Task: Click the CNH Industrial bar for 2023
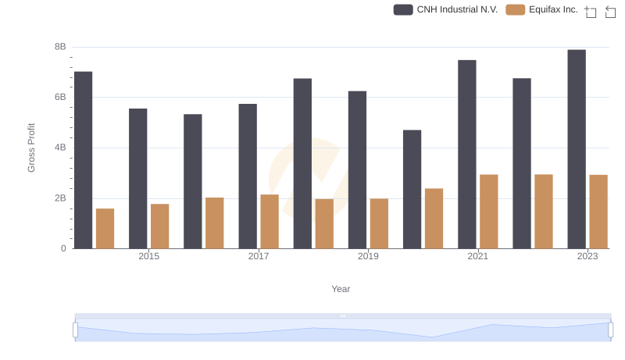coord(577,149)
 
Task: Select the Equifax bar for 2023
coord(598,212)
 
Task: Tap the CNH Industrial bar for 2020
coord(412,189)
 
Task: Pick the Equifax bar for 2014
coord(105,229)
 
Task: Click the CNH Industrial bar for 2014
coord(83,160)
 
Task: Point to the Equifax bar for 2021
coord(489,212)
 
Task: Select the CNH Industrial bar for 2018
coord(302,163)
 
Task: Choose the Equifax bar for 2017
coord(270,222)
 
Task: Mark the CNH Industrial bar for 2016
coord(193,181)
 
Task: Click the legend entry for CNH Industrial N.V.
coord(446,9)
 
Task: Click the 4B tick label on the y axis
coord(59,148)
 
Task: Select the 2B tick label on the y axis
coord(59,198)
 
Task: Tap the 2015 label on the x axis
coord(149,257)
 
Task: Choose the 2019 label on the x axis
coord(368,257)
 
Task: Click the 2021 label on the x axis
coord(478,257)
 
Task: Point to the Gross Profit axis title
coord(32,148)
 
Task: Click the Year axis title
coord(341,289)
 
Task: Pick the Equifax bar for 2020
coord(434,219)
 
